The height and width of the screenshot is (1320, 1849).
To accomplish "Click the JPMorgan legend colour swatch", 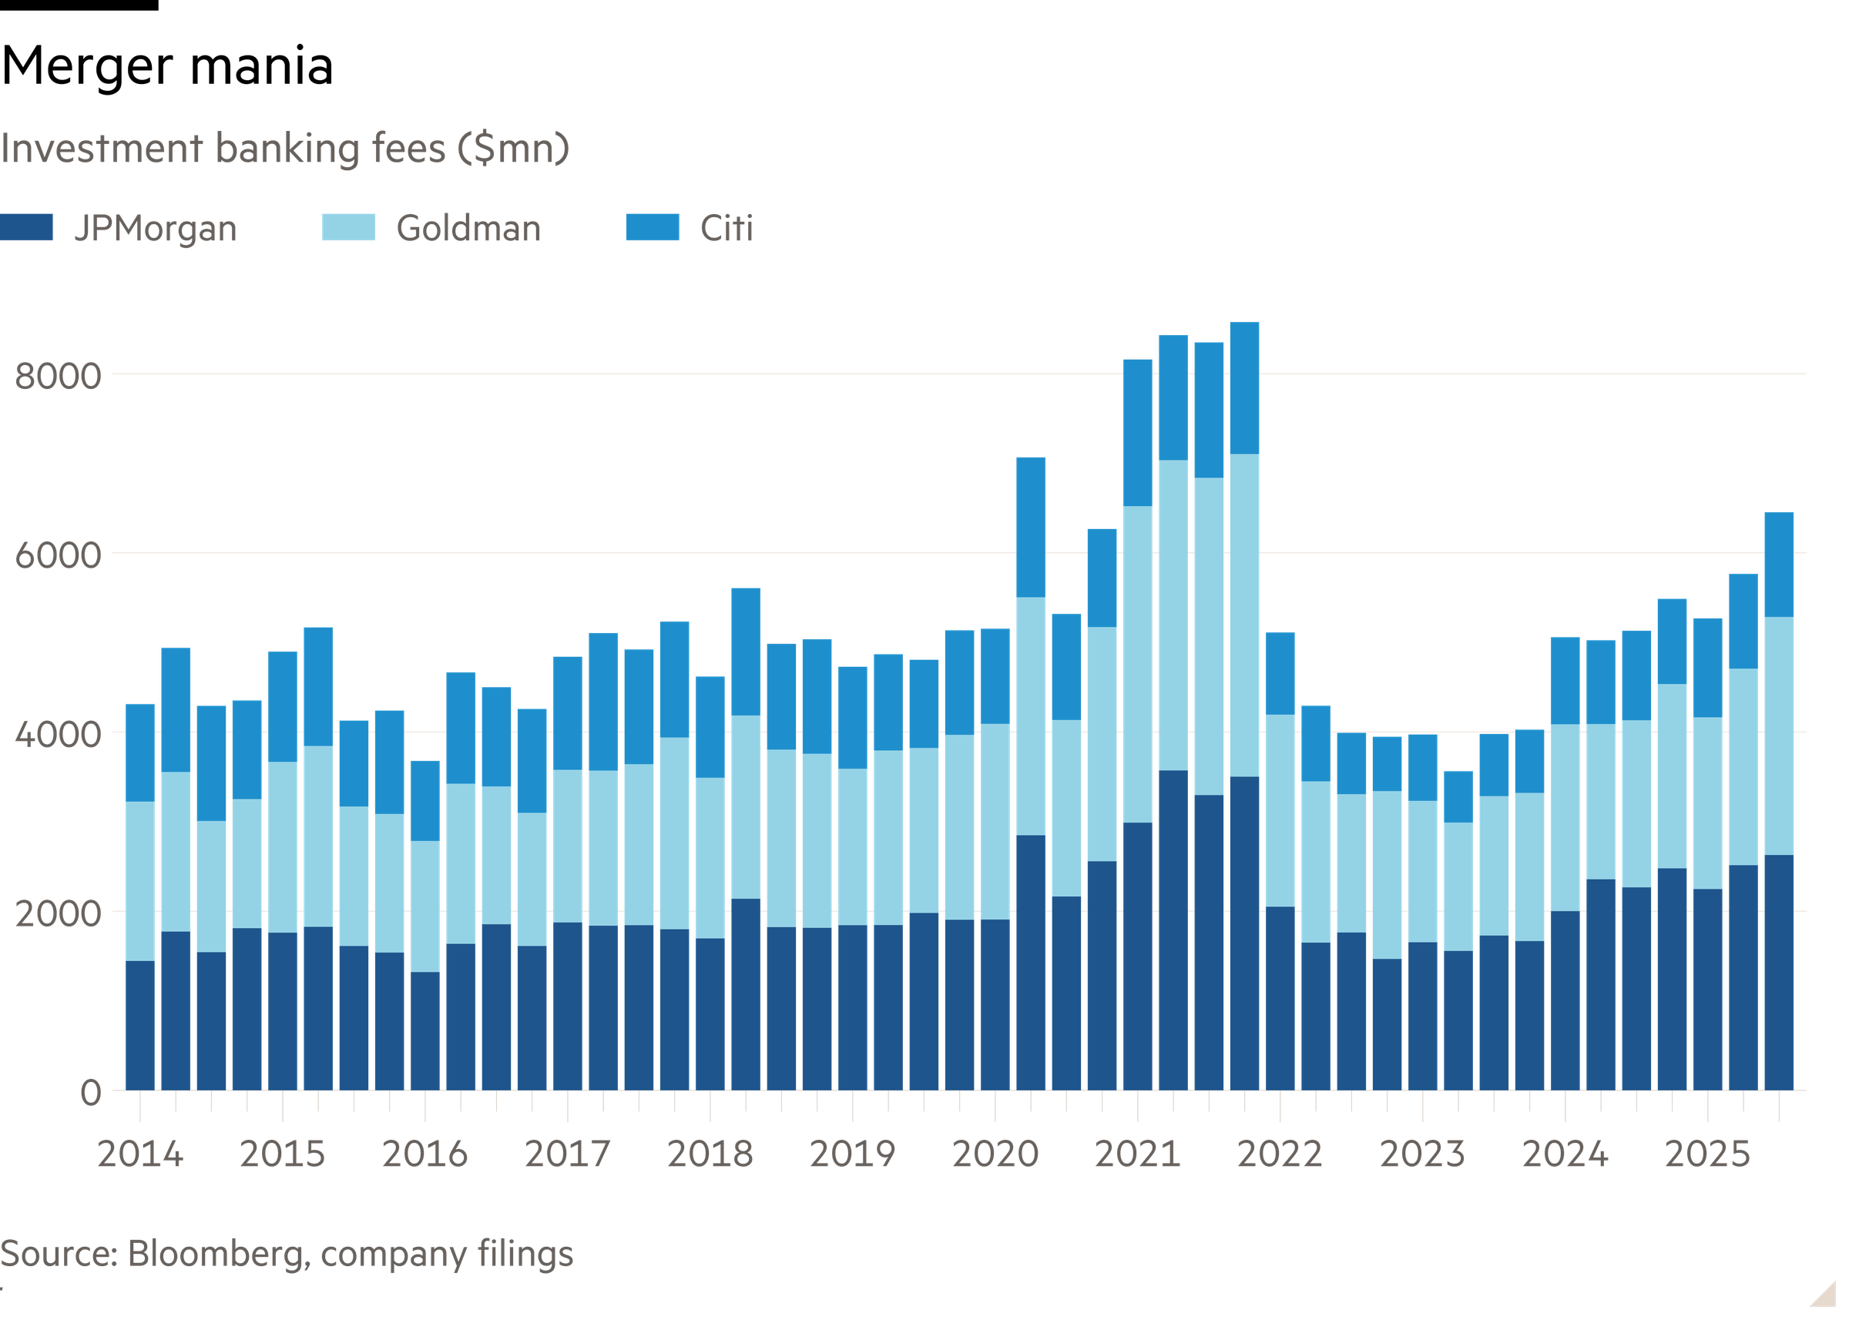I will (27, 228).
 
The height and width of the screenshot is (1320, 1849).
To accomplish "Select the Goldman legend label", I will (468, 229).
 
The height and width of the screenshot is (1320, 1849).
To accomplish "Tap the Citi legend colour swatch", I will (651, 228).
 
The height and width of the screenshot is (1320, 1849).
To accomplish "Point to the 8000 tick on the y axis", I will (58, 377).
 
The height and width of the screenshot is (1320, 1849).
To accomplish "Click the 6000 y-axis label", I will (58, 556).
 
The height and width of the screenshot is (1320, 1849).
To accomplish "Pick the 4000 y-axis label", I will (58, 735).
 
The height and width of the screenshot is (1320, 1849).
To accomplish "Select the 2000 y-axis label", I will (58, 914).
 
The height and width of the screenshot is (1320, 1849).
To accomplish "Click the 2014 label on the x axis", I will (140, 1154).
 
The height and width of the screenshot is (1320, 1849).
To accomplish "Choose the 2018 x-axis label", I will (710, 1154).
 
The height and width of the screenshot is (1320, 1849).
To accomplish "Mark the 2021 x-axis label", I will (1138, 1154).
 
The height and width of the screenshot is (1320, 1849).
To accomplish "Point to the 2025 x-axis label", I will (1707, 1154).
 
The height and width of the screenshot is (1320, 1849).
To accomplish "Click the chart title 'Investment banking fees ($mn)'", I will (285, 149).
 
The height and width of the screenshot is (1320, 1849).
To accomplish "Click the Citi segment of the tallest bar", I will (1244, 387).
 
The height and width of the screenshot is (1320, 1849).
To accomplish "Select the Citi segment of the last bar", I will (1778, 564).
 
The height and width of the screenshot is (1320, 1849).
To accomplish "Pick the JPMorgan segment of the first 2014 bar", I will (140, 1026).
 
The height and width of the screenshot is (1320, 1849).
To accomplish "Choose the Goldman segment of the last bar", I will (1778, 735).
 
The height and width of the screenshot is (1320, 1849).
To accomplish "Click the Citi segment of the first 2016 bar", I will (425, 800).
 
